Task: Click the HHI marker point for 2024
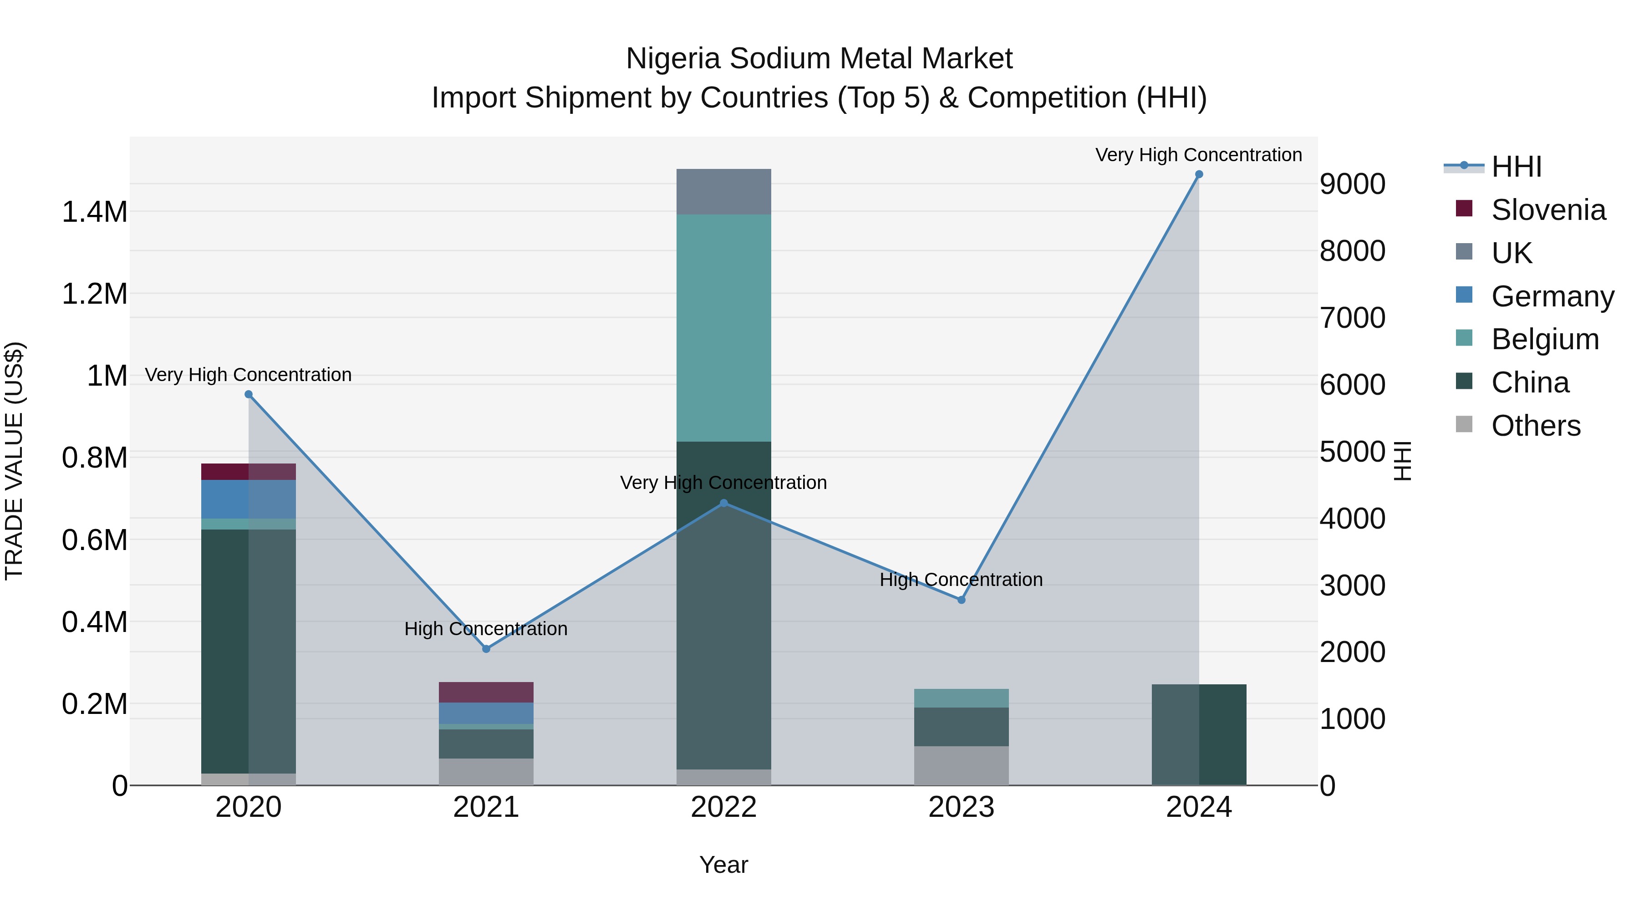(x=1199, y=174)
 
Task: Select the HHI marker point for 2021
(x=486, y=649)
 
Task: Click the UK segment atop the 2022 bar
(x=723, y=192)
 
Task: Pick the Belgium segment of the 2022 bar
(x=723, y=328)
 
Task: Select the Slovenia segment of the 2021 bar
(x=486, y=692)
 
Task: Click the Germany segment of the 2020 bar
(x=248, y=499)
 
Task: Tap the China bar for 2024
(x=1199, y=735)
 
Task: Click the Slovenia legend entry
(x=1547, y=210)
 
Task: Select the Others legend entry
(x=1535, y=426)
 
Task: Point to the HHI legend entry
(x=1516, y=167)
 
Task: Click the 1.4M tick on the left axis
(x=94, y=212)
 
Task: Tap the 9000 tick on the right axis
(x=1352, y=184)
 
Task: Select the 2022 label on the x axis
(x=723, y=807)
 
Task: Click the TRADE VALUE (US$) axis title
(x=14, y=461)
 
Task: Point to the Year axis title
(x=723, y=865)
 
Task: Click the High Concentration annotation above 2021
(x=486, y=629)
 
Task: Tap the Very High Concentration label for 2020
(x=248, y=375)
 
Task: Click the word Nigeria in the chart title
(x=673, y=59)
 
